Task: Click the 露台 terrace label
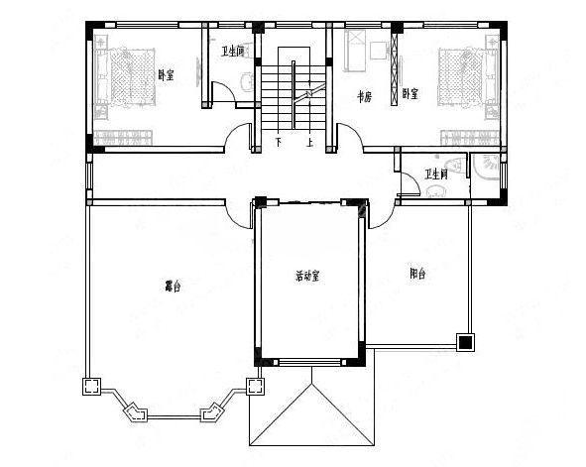coord(173,288)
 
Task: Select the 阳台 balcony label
coord(416,274)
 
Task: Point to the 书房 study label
coord(364,96)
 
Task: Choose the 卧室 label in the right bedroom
coord(410,94)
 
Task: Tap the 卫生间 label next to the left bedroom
coord(232,51)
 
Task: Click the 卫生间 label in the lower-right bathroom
coord(436,175)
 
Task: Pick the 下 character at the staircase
coord(279,142)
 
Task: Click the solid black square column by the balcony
coord(463,343)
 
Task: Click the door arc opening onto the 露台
coord(239,213)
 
